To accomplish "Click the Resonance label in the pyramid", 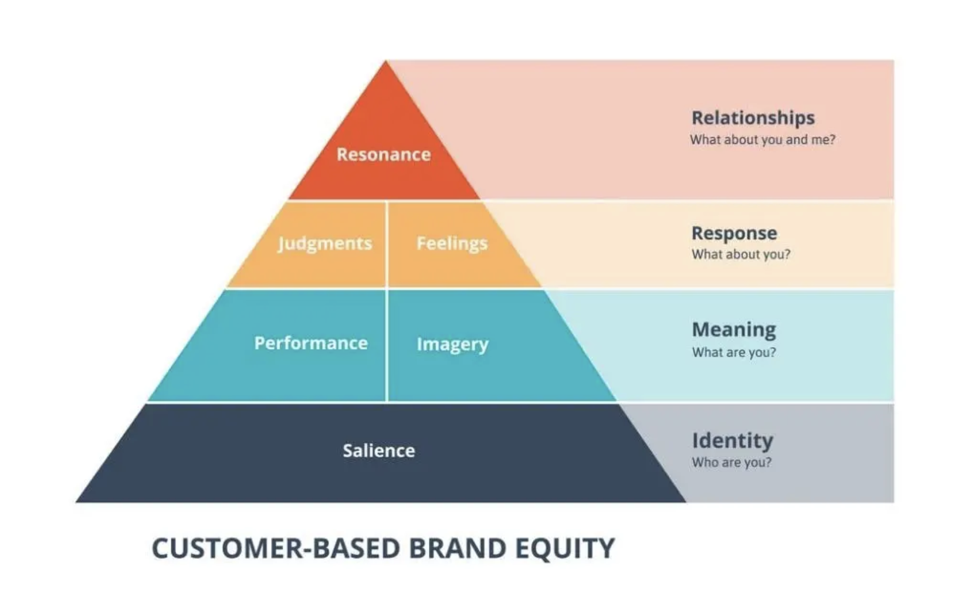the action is point(384,154).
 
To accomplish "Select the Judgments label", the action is point(325,243).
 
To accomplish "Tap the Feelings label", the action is point(452,243).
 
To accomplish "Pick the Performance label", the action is point(311,343).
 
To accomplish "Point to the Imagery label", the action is point(453,345).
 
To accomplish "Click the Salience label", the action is point(379,451).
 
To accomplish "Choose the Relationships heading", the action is point(753,118).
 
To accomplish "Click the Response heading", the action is point(734,233).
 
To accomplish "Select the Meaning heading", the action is point(734,330).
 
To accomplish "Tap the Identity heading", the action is point(733,441).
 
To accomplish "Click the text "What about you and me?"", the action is point(763,140).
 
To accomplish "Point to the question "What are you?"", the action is point(734,352).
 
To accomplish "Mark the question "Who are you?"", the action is point(732,462).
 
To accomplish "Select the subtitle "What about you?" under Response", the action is point(741,254).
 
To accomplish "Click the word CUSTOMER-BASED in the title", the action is point(276,548).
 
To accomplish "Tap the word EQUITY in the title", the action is point(565,548).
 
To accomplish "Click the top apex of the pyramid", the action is point(385,61).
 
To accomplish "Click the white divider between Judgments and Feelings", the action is point(387,245).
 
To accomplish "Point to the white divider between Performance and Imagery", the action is point(387,345).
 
